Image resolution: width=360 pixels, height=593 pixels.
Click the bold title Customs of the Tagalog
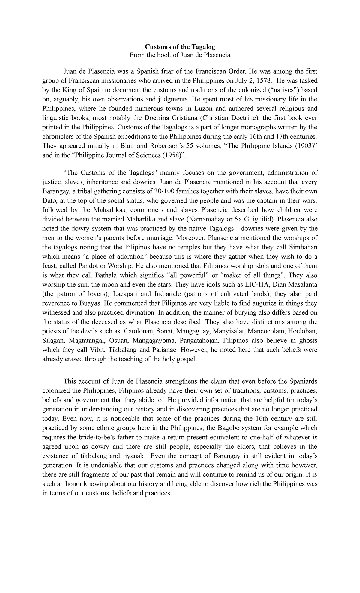click(180, 47)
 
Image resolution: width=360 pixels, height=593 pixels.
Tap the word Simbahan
click(303, 247)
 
